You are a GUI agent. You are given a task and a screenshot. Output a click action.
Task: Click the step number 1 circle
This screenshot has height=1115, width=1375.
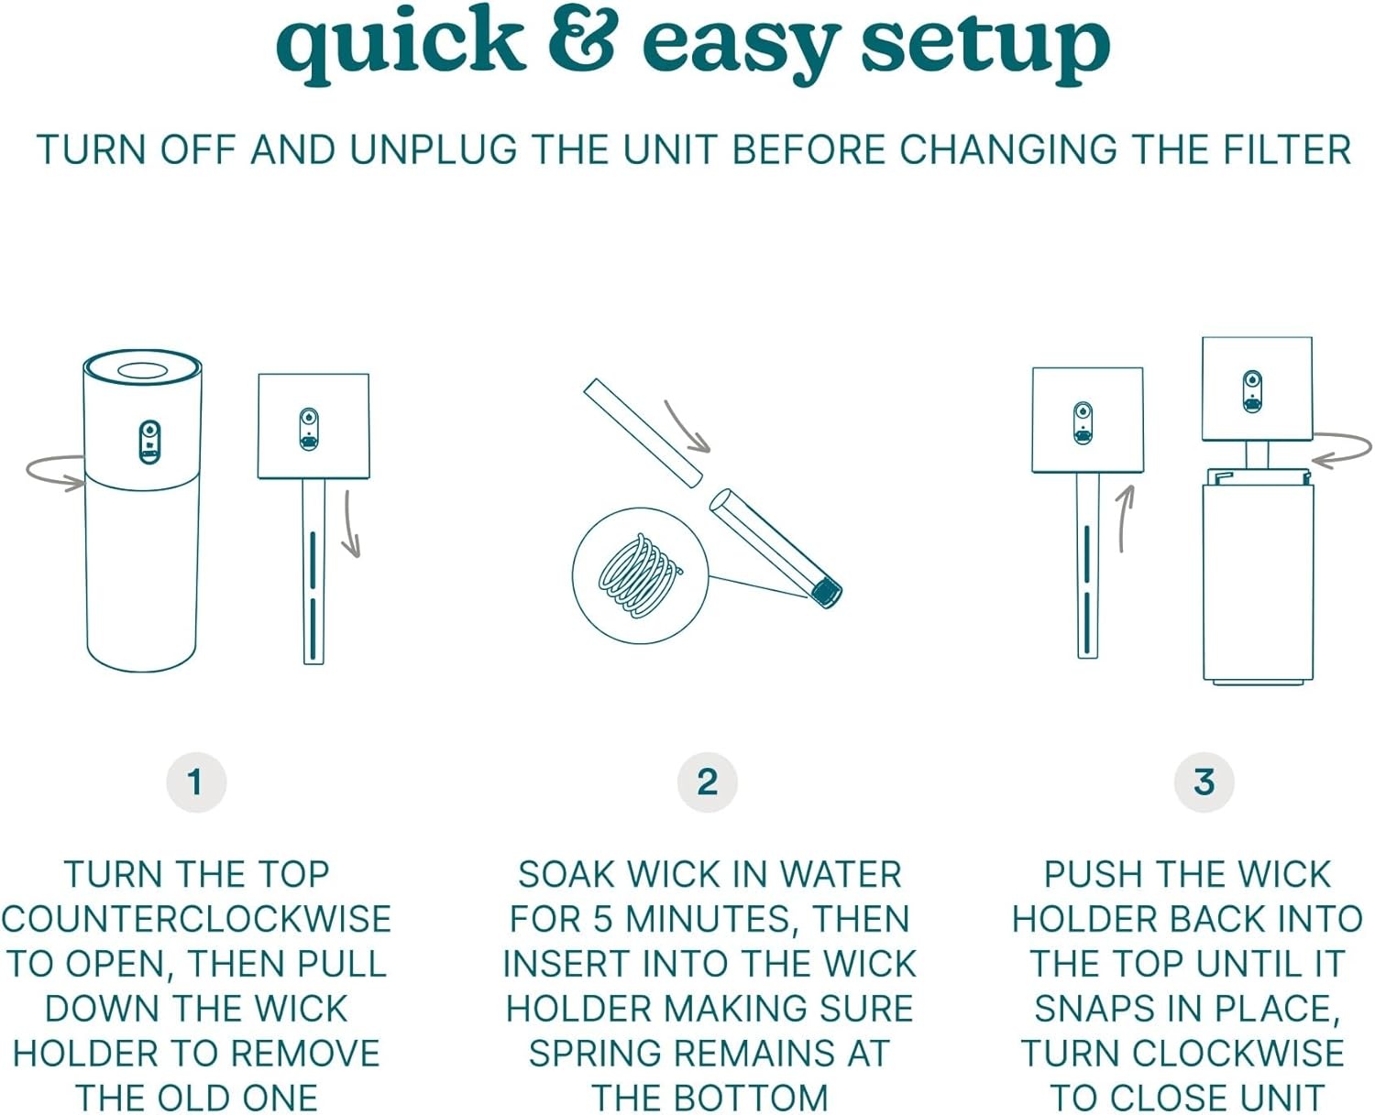196,782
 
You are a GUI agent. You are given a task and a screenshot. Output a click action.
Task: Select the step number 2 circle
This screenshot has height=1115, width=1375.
708,782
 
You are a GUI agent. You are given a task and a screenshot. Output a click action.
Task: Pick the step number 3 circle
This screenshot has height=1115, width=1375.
1204,782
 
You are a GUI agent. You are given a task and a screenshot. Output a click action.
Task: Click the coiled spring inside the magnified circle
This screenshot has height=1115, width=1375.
639,575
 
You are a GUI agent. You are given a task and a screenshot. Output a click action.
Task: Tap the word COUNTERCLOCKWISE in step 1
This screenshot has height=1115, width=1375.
196,918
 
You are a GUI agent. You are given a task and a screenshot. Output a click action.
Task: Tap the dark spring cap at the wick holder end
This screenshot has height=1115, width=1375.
826,593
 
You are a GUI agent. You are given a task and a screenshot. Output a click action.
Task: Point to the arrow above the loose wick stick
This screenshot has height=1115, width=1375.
687,428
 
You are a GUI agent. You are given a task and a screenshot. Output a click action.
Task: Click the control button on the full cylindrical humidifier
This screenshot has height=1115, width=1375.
149,443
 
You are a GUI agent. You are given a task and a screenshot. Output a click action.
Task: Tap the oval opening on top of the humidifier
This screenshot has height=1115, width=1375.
143,372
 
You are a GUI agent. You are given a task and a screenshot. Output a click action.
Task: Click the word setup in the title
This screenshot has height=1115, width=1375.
985,47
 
